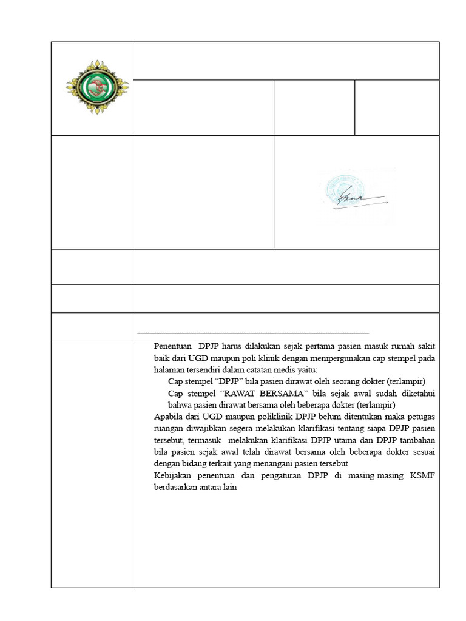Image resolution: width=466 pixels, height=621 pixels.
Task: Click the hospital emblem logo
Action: (92, 88)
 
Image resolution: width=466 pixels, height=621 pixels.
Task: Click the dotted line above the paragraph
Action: (253, 334)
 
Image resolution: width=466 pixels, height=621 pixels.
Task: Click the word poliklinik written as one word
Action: (266, 417)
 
